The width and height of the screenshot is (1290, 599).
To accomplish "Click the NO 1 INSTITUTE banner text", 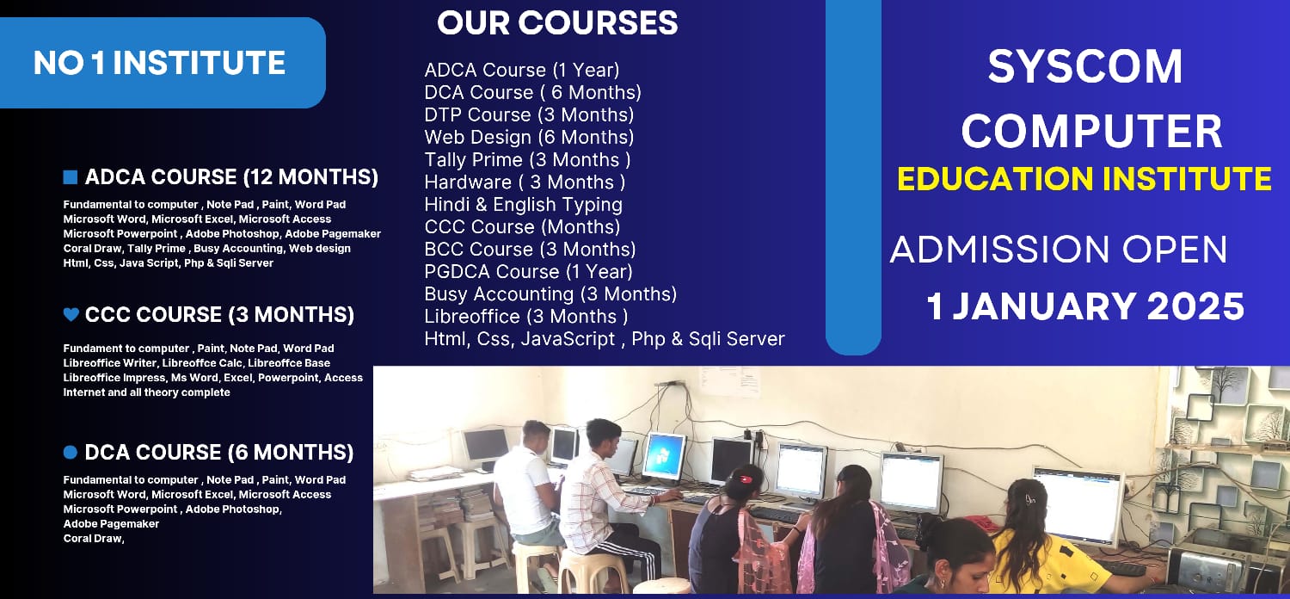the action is (159, 63).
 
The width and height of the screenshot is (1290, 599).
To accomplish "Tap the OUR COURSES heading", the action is (557, 23).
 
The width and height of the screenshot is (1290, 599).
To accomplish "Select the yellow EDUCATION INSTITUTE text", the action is (1084, 179).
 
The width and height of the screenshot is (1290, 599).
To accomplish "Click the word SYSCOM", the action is (1085, 66).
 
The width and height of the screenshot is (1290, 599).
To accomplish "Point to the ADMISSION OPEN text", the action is (1059, 249).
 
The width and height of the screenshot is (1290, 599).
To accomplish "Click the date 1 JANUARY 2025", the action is (1085, 306).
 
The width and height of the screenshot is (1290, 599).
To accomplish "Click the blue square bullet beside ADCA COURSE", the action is (71, 177).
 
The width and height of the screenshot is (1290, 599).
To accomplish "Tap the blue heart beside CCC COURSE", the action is (71, 314).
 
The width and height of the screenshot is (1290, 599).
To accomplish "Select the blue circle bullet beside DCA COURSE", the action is (71, 453).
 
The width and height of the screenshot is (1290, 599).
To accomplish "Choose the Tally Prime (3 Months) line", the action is (527, 160).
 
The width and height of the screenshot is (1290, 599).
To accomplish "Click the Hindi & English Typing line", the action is (524, 205).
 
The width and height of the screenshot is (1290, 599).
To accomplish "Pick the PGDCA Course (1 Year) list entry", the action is (528, 272).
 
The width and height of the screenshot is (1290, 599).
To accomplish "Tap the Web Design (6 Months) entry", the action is (529, 137).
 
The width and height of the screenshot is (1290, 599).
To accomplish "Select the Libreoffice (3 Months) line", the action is (525, 317).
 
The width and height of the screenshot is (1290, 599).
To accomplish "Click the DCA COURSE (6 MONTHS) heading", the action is (218, 453).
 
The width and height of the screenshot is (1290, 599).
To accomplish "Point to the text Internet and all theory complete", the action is (146, 392).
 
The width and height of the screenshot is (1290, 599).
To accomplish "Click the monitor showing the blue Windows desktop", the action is (663, 455).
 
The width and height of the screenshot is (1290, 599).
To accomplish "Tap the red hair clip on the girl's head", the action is (746, 479).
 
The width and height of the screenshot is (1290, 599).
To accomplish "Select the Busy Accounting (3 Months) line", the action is (550, 294).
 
